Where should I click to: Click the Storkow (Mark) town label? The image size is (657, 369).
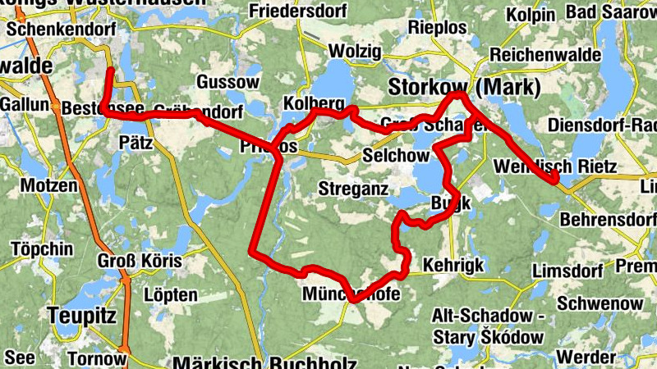(464, 87)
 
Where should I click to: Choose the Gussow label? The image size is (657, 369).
(228, 83)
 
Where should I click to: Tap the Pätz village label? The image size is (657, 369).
(137, 141)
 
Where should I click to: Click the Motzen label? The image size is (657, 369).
(48, 185)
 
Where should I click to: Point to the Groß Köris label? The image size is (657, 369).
(139, 262)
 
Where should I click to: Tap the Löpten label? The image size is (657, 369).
(170, 294)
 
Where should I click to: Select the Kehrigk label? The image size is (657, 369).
(453, 265)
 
